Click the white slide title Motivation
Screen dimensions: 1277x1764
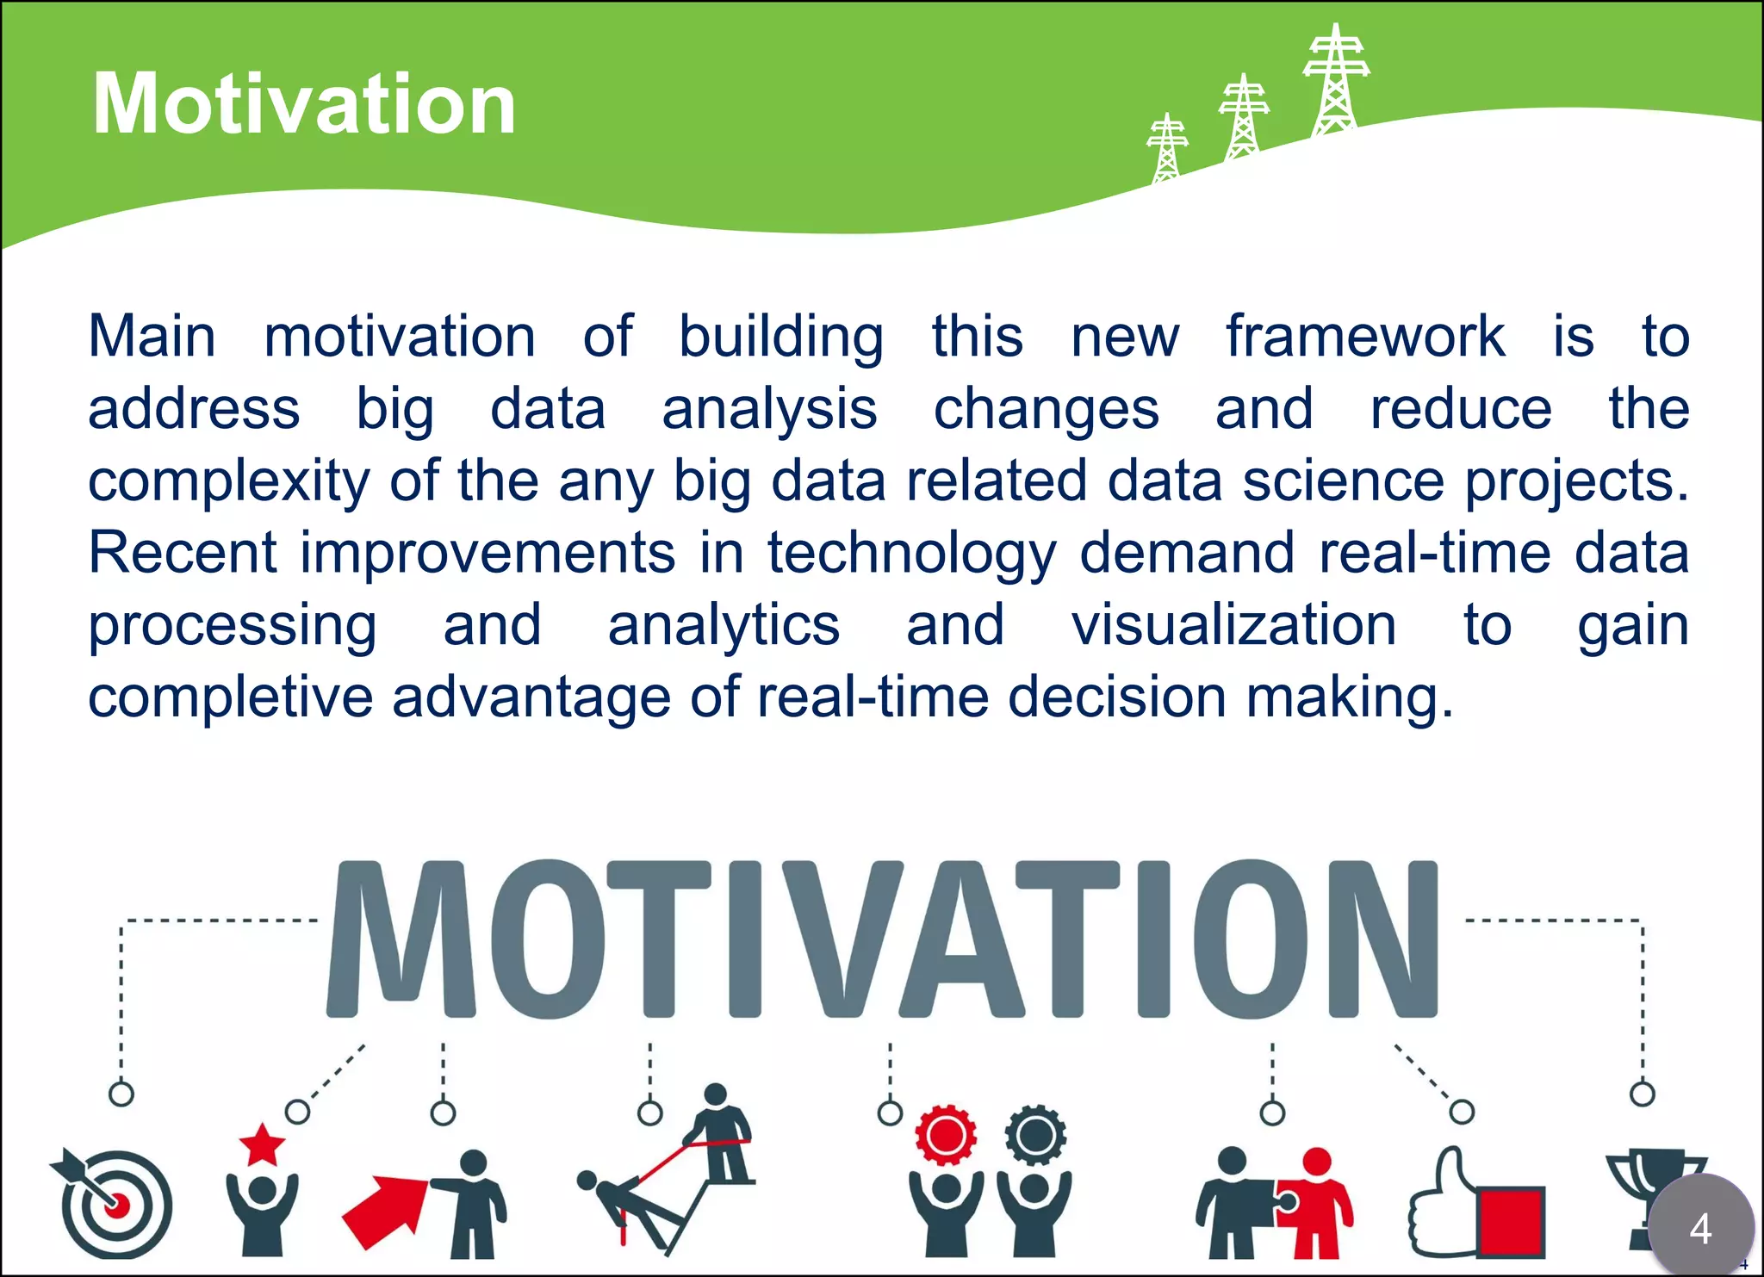303,104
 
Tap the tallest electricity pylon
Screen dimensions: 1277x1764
1335,82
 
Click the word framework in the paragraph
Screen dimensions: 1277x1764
1365,336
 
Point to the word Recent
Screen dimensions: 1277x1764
183,552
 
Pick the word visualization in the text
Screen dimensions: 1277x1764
1233,624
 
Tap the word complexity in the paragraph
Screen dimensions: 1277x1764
228,480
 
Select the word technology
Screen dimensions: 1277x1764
911,554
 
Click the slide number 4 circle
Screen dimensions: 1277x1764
1700,1227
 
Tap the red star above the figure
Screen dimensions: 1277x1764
262,1145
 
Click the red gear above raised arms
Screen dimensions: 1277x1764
946,1135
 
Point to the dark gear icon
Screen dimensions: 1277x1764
1035,1135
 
